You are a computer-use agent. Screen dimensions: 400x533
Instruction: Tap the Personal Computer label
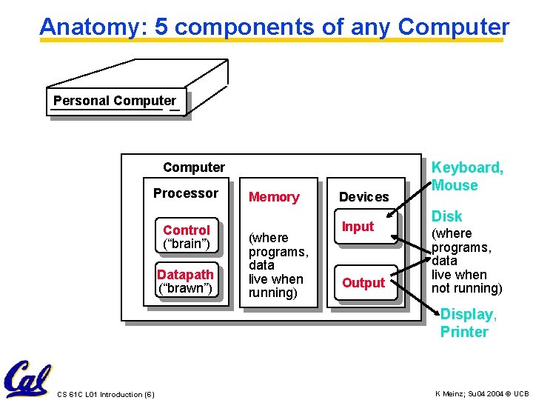click(115, 101)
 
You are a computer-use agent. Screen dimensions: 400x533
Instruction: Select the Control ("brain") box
click(187, 236)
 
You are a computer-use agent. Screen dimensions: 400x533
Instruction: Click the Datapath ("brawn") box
click(185, 281)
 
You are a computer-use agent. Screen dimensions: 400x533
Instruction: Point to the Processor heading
click(186, 193)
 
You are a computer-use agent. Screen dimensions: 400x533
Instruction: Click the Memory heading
click(274, 197)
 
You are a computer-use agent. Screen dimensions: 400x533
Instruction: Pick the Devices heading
click(363, 197)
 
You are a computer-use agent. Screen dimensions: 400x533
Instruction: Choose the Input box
click(358, 227)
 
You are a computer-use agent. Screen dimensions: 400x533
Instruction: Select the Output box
click(363, 283)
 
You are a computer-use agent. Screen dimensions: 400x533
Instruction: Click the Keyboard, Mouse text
click(466, 176)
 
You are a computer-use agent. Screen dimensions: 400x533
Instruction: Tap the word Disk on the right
click(446, 216)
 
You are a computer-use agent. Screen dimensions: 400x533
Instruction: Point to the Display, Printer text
click(468, 323)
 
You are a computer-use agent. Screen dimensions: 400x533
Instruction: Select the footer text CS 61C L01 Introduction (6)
click(105, 394)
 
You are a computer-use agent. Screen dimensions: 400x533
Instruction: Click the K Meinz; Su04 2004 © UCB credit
click(482, 393)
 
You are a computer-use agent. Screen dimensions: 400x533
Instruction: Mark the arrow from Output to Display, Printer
click(417, 304)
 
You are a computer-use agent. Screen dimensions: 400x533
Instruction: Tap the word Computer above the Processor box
click(193, 167)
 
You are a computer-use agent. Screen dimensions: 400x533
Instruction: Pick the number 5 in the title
click(161, 27)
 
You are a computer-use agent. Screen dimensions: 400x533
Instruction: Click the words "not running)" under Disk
click(466, 288)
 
